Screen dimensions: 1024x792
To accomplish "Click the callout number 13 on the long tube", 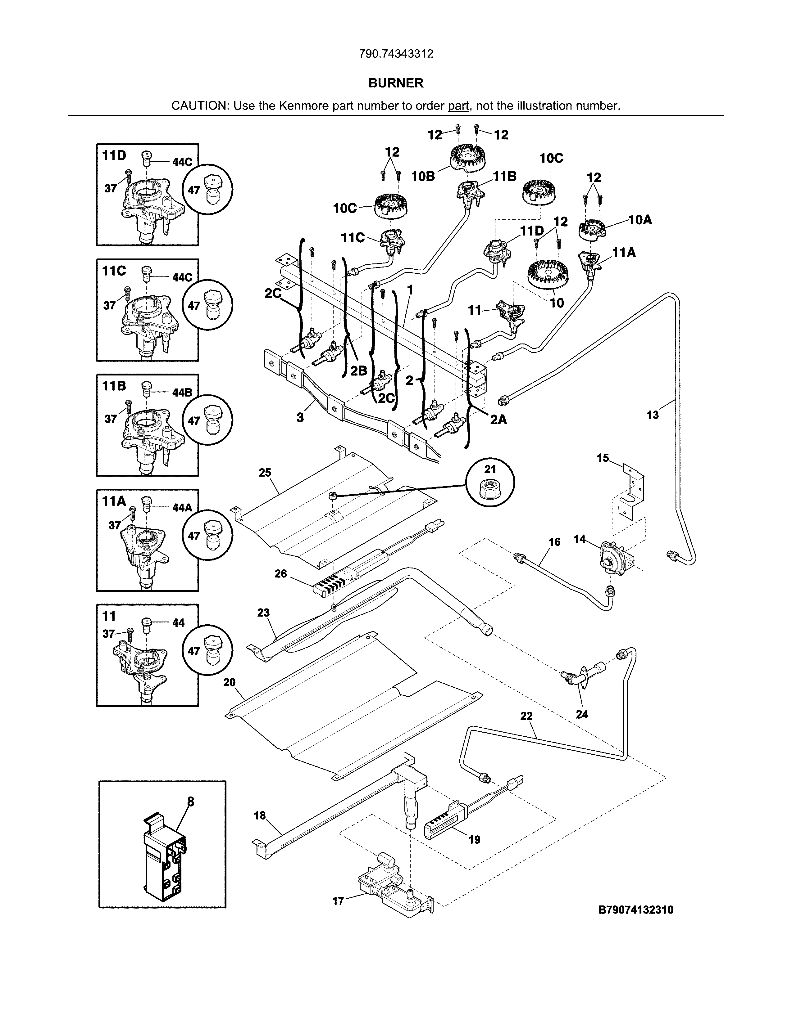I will click(x=653, y=415).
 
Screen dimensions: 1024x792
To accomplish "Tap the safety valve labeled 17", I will click(x=394, y=886).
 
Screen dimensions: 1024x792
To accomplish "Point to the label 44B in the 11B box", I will click(x=182, y=393).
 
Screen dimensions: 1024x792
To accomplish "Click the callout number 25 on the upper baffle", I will click(x=265, y=473).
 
